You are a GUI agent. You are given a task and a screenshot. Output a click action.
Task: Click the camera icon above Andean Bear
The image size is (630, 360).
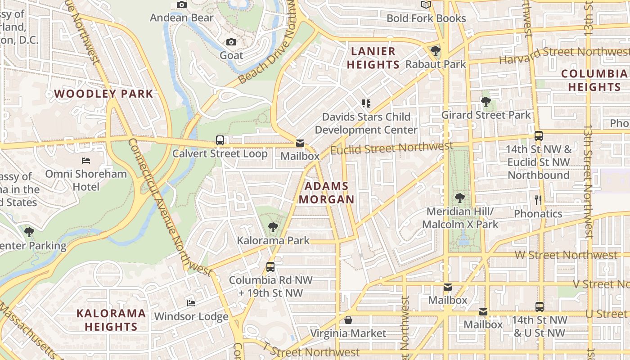click(x=182, y=5)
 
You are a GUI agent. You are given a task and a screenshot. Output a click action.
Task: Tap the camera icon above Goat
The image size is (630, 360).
click(x=231, y=42)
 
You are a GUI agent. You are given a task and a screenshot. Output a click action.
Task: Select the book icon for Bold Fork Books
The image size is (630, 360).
click(x=426, y=5)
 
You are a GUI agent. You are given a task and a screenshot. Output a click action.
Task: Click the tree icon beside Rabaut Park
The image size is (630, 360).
click(x=435, y=51)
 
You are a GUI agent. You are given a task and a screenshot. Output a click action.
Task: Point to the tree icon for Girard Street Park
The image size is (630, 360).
click(x=486, y=102)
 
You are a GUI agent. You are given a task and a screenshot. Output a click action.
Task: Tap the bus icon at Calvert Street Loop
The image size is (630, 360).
click(x=220, y=140)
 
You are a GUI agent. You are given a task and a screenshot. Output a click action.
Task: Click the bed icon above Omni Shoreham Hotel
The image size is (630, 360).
click(x=86, y=161)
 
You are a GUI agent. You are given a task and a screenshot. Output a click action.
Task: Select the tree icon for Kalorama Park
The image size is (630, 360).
click(x=273, y=227)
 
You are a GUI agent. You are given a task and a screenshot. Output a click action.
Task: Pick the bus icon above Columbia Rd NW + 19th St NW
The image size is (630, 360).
click(x=270, y=266)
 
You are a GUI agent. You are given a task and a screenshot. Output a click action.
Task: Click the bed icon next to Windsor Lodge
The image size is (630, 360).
click(x=191, y=303)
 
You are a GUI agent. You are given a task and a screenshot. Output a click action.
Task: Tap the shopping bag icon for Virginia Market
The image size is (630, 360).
click(x=348, y=320)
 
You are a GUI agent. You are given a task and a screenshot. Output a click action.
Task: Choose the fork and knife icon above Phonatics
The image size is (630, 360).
click(x=538, y=200)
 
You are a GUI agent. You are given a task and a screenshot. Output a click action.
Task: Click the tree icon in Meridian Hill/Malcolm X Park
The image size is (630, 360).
click(x=459, y=198)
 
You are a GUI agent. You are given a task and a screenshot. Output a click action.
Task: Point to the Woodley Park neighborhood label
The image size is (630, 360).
click(x=104, y=94)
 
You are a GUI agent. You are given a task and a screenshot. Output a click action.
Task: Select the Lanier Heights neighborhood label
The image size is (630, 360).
click(x=373, y=58)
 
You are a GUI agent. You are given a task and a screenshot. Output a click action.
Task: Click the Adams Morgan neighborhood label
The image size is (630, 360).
click(x=327, y=193)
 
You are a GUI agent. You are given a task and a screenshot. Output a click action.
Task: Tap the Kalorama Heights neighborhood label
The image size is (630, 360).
click(x=111, y=320)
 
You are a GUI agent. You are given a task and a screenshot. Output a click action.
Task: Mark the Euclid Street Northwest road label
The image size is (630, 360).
click(x=391, y=148)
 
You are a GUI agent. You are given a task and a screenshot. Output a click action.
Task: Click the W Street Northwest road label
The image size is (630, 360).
click(x=566, y=255)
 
